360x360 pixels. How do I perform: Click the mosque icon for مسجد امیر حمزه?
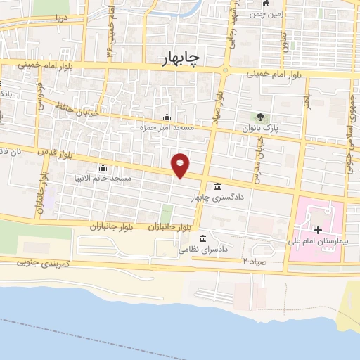(166, 117)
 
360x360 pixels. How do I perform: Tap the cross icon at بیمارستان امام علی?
(318, 230)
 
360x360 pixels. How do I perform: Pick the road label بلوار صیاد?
(220, 98)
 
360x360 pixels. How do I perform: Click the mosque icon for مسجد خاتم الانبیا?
(103, 167)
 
